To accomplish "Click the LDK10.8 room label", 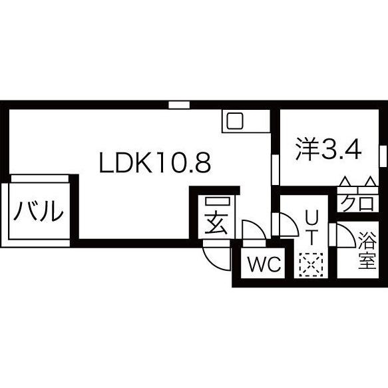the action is pyautogui.click(x=155, y=162).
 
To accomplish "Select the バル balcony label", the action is pyautogui.click(x=39, y=211).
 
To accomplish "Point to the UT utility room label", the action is pyautogui.click(x=311, y=228).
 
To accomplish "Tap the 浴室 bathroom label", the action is pyautogui.click(x=367, y=250).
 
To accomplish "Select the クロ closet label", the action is pyautogui.click(x=357, y=203).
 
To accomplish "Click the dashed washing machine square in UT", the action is pyautogui.click(x=311, y=264).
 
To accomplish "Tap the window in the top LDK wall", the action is pyautogui.click(x=179, y=105).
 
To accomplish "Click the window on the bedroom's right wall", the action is pyautogui.click(x=383, y=157).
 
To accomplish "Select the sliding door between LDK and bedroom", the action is pyautogui.click(x=275, y=170).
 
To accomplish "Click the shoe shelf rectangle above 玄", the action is pyautogui.click(x=218, y=202).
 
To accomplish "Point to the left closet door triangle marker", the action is pyautogui.click(x=345, y=181).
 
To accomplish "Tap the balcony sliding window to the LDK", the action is pyautogui.click(x=39, y=178).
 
